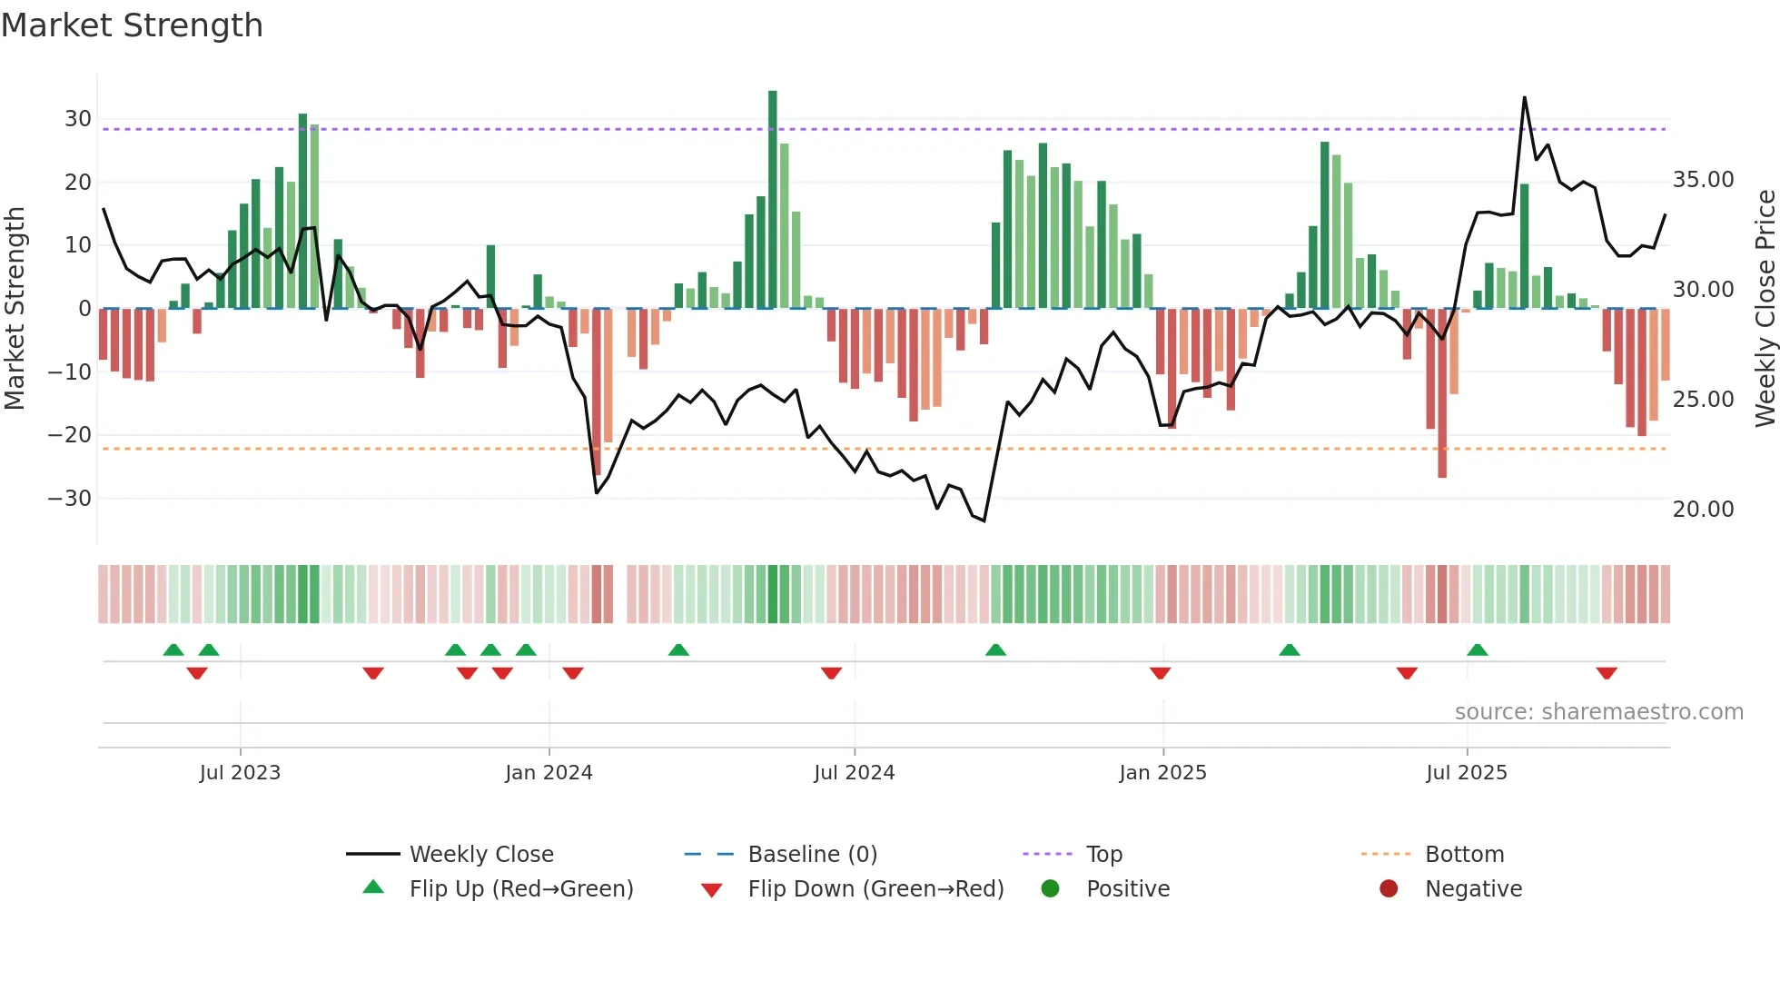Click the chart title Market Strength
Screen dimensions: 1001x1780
pos(132,25)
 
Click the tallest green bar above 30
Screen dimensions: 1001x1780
pos(772,200)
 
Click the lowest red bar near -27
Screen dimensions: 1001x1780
pos(1442,392)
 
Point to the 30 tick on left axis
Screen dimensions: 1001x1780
pos(77,119)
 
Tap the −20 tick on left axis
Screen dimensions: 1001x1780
pos(70,435)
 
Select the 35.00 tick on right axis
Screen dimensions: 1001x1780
pos(1703,180)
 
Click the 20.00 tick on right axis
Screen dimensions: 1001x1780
pos(1703,510)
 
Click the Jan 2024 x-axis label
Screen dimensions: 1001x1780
pos(549,773)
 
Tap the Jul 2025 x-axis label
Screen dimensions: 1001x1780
pos(1466,773)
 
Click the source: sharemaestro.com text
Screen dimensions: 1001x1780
pos(1598,712)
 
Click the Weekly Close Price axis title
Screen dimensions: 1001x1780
pos(1765,309)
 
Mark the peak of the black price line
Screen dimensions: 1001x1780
pos(1524,97)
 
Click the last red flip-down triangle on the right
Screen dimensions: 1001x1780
pos(1606,673)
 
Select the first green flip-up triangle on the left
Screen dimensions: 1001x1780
pos(173,649)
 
